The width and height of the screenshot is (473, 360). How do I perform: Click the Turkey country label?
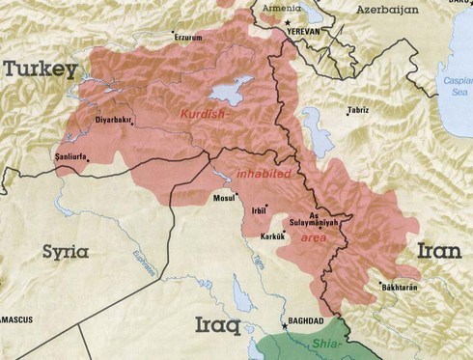coord(40,69)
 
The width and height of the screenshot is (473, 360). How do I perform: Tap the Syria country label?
coord(65,252)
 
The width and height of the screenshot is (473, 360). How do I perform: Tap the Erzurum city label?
coord(189,38)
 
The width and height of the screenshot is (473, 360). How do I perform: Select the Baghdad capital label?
coord(300,321)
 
